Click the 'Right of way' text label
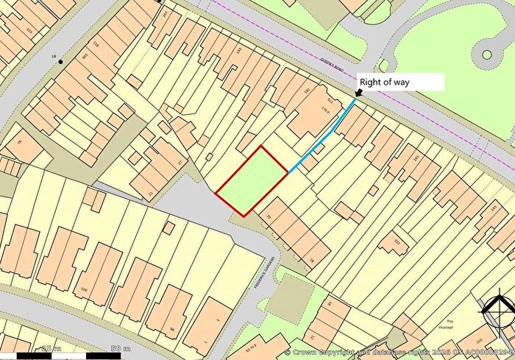[x=390, y=82]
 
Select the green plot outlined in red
[x=252, y=180]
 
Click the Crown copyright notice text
[x=397, y=353]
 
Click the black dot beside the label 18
[x=61, y=60]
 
